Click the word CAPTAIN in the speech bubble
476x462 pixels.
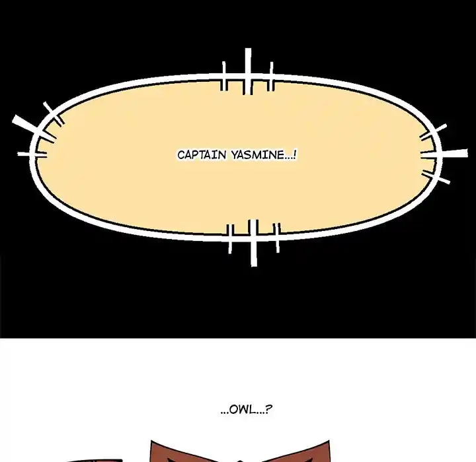point(202,155)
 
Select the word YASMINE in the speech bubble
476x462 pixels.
point(258,155)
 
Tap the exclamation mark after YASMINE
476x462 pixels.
point(295,155)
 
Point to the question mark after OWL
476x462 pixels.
point(269,409)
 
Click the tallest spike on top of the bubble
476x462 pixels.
point(248,71)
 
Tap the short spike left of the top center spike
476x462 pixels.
point(224,76)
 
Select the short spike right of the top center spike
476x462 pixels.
point(272,76)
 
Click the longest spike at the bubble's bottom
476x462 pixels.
point(253,243)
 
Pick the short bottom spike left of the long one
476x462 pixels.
point(230,238)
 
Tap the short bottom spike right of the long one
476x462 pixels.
point(278,238)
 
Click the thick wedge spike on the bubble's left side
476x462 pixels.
point(34,129)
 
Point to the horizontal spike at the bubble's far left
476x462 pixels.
point(32,154)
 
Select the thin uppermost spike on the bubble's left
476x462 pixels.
point(54,114)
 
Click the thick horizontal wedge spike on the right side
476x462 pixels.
point(444,154)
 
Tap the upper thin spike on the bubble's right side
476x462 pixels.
point(433,131)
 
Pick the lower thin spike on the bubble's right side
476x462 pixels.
point(436,177)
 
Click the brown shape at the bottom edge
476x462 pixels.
point(240,451)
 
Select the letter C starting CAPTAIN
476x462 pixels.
point(181,155)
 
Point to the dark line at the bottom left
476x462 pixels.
point(94,461)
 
